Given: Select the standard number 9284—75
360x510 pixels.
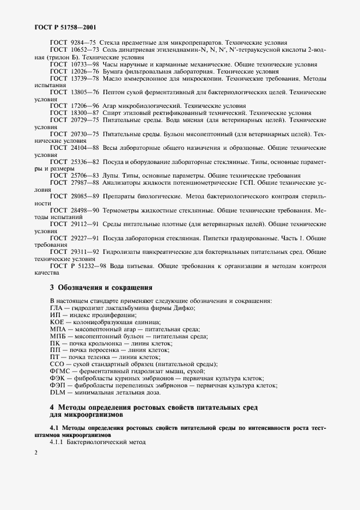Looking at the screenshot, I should (83, 43).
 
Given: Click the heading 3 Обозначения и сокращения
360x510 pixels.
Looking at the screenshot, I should (101, 287).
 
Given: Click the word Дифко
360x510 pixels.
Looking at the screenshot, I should (184, 308).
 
